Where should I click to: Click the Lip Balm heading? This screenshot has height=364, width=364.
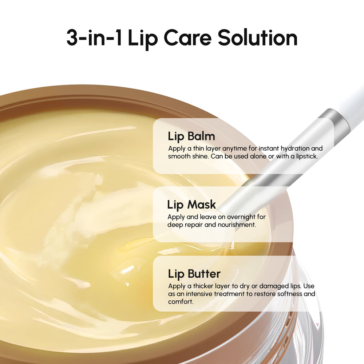click(x=191, y=136)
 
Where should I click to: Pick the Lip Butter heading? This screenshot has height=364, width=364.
click(x=194, y=273)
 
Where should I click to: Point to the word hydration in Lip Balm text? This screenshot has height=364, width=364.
click(x=289, y=149)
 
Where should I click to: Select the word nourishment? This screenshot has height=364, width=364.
click(x=236, y=225)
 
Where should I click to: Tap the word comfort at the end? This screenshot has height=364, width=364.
click(x=180, y=301)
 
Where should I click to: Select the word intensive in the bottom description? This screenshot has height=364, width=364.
click(x=200, y=293)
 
